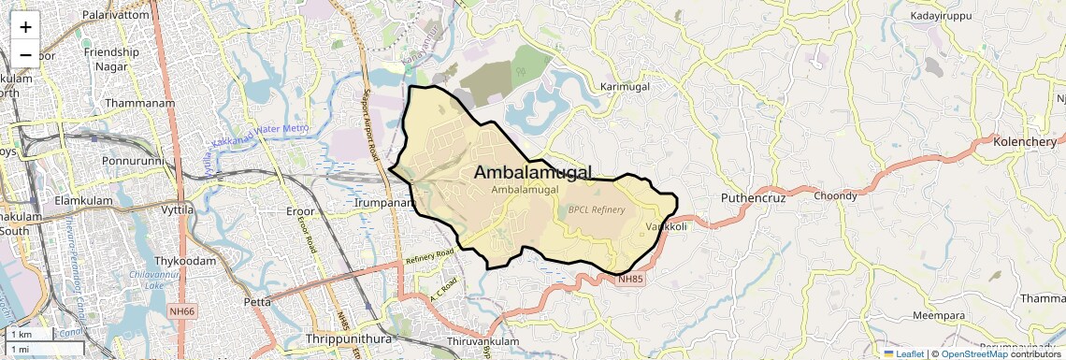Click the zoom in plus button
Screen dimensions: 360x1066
[25, 27]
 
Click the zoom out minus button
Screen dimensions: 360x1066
[25, 54]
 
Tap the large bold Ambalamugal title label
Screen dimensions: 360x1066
[533, 172]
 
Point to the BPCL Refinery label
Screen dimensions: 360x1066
[596, 210]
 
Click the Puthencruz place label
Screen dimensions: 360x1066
[753, 198]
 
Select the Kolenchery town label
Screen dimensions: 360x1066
[1026, 141]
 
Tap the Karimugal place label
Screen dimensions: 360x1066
[625, 87]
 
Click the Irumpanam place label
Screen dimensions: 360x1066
[383, 202]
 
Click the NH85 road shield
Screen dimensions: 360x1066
[631, 279]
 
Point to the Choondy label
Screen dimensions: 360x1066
[835, 196]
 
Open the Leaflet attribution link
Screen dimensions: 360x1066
[904, 353]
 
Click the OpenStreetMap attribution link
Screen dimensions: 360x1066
[973, 353]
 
